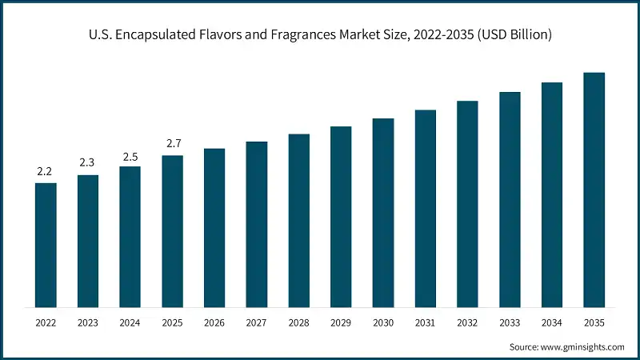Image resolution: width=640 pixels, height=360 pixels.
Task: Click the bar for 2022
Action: click(x=46, y=245)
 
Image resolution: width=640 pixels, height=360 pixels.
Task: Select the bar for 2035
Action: click(x=594, y=190)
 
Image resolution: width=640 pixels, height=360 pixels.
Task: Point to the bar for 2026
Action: click(x=214, y=227)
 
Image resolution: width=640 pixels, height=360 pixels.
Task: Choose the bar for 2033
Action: click(x=510, y=199)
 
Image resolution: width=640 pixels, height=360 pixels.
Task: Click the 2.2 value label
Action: click(x=46, y=171)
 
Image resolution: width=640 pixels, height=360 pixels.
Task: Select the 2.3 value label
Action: click(x=88, y=163)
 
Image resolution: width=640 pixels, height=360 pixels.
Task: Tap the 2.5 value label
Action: click(x=130, y=155)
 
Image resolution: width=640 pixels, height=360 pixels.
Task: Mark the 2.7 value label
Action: click(x=172, y=144)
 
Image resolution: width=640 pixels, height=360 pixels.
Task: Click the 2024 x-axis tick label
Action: click(x=130, y=322)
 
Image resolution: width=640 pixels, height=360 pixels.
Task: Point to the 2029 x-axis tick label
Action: click(x=341, y=322)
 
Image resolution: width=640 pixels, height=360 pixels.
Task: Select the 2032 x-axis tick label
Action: click(x=467, y=322)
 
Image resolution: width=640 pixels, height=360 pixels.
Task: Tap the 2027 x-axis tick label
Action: click(x=256, y=322)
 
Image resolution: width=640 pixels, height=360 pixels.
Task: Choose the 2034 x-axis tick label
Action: click(x=551, y=322)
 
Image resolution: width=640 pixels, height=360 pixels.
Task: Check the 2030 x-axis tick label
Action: click(x=383, y=322)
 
